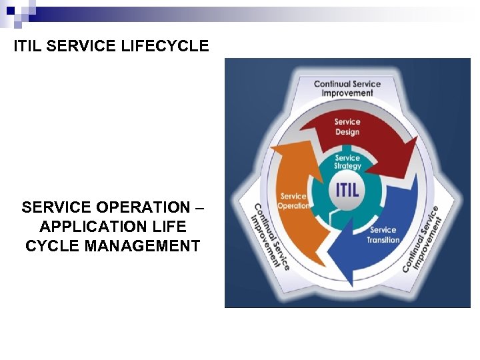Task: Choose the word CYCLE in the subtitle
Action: click(x=53, y=246)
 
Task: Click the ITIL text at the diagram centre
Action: click(x=347, y=189)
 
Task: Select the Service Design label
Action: click(x=347, y=127)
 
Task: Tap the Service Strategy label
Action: click(x=347, y=162)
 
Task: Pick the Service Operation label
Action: click(x=293, y=201)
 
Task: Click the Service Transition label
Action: click(x=383, y=235)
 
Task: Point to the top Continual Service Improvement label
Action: click(x=347, y=89)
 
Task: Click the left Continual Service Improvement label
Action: click(x=270, y=235)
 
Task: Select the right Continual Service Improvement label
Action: click(x=422, y=238)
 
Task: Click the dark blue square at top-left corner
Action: click(x=10, y=11)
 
